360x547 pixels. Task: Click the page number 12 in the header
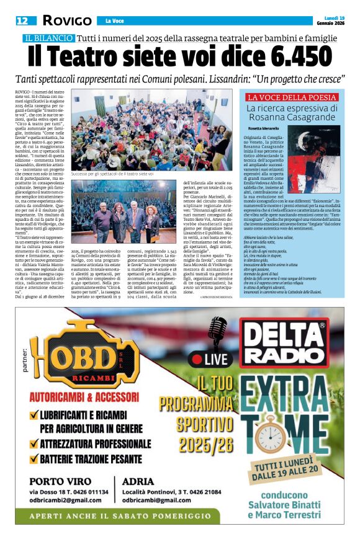(22, 20)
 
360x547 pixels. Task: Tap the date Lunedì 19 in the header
(333, 18)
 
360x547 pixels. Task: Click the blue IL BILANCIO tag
(48, 38)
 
